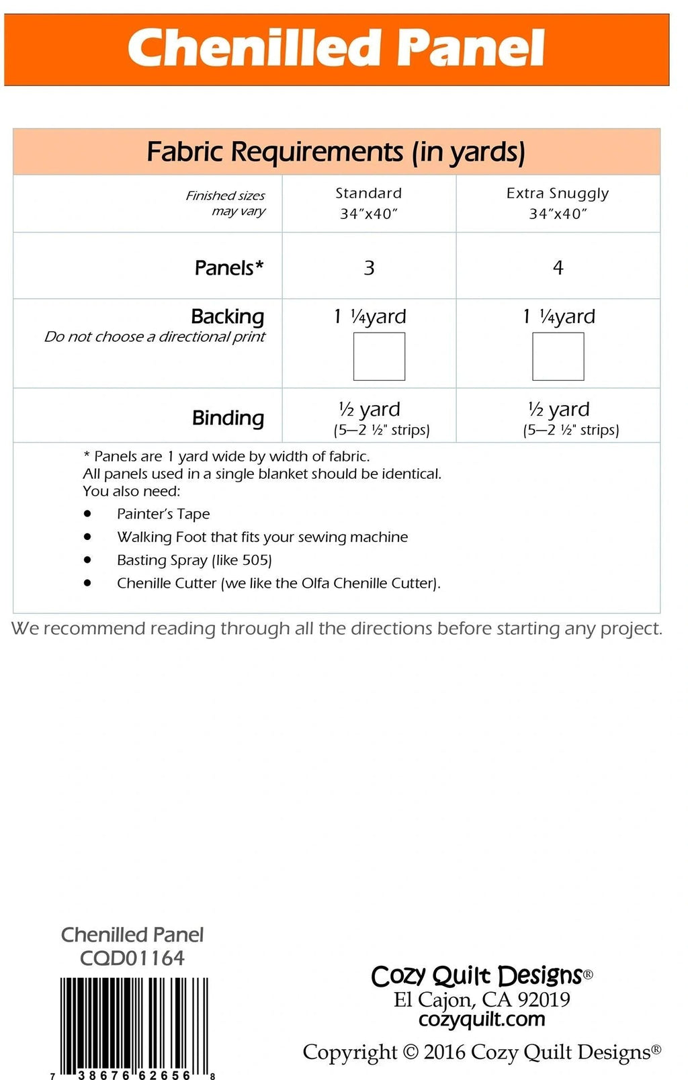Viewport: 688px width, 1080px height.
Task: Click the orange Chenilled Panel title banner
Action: [x=336, y=49]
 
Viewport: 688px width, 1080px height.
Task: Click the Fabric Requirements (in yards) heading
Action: [x=336, y=152]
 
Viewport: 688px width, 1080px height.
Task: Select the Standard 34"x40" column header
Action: [x=369, y=203]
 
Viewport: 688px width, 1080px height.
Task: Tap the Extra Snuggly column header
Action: [x=558, y=203]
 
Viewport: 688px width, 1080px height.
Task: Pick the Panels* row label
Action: [x=228, y=267]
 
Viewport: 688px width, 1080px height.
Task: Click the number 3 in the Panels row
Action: [x=369, y=267]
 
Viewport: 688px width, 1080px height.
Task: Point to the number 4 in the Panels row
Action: [x=558, y=267]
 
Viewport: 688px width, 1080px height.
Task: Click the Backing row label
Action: [x=227, y=316]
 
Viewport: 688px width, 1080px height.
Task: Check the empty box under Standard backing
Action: [x=379, y=357]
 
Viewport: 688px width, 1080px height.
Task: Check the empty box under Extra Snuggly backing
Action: [x=558, y=357]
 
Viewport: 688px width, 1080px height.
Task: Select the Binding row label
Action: [x=228, y=417]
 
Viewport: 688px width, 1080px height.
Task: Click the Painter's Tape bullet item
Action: [x=163, y=514]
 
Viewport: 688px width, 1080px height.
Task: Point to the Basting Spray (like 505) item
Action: [x=194, y=560]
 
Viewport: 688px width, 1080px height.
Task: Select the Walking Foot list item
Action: [x=262, y=537]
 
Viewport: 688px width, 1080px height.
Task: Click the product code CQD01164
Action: [x=132, y=958]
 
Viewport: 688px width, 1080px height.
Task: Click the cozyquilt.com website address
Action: [x=482, y=1019]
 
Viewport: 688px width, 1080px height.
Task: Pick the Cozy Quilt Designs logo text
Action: [x=477, y=975]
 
